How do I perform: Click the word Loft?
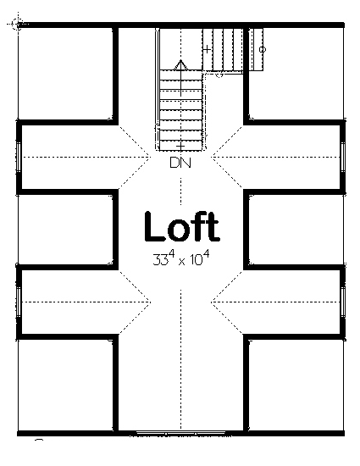pos(182,226)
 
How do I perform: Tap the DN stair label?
pos(180,163)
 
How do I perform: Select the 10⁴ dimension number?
pos(200,258)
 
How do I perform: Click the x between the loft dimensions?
pos(182,261)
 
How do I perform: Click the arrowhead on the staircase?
pos(180,65)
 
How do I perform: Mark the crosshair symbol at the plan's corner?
pos(18,24)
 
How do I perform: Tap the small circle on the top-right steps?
pos(263,49)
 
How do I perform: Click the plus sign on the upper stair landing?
pos(207,49)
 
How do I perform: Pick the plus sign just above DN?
pos(180,147)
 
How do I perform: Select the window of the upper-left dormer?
pos(18,157)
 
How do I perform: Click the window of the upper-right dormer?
pos(343,157)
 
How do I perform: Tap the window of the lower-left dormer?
pos(18,302)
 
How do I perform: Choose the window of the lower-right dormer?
pos(343,302)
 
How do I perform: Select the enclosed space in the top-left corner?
pos(65,74)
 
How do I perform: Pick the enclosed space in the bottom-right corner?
pos(296,385)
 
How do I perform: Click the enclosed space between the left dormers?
pos(65,230)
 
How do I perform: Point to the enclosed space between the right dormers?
pos(296,230)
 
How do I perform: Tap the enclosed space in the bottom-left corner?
pos(65,385)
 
